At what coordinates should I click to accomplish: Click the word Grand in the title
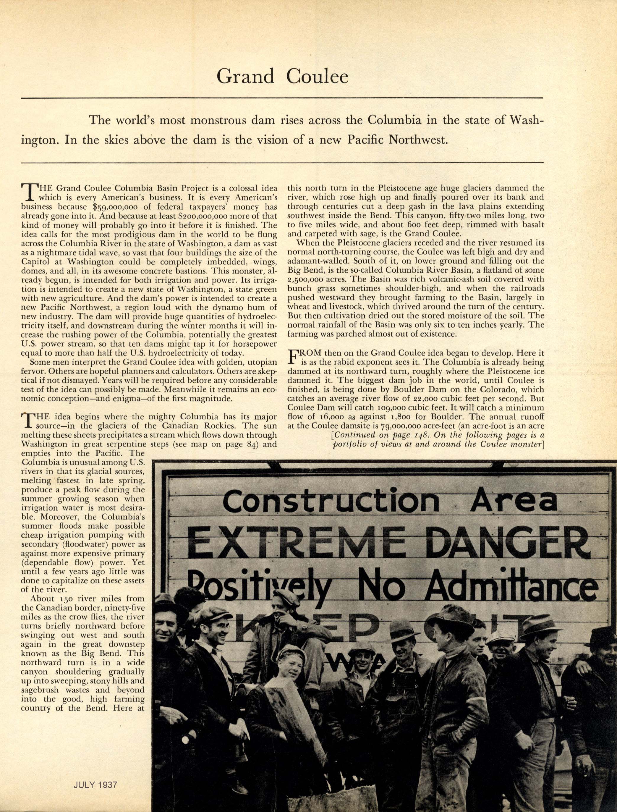[245, 76]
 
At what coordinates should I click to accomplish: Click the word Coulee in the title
[317, 76]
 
